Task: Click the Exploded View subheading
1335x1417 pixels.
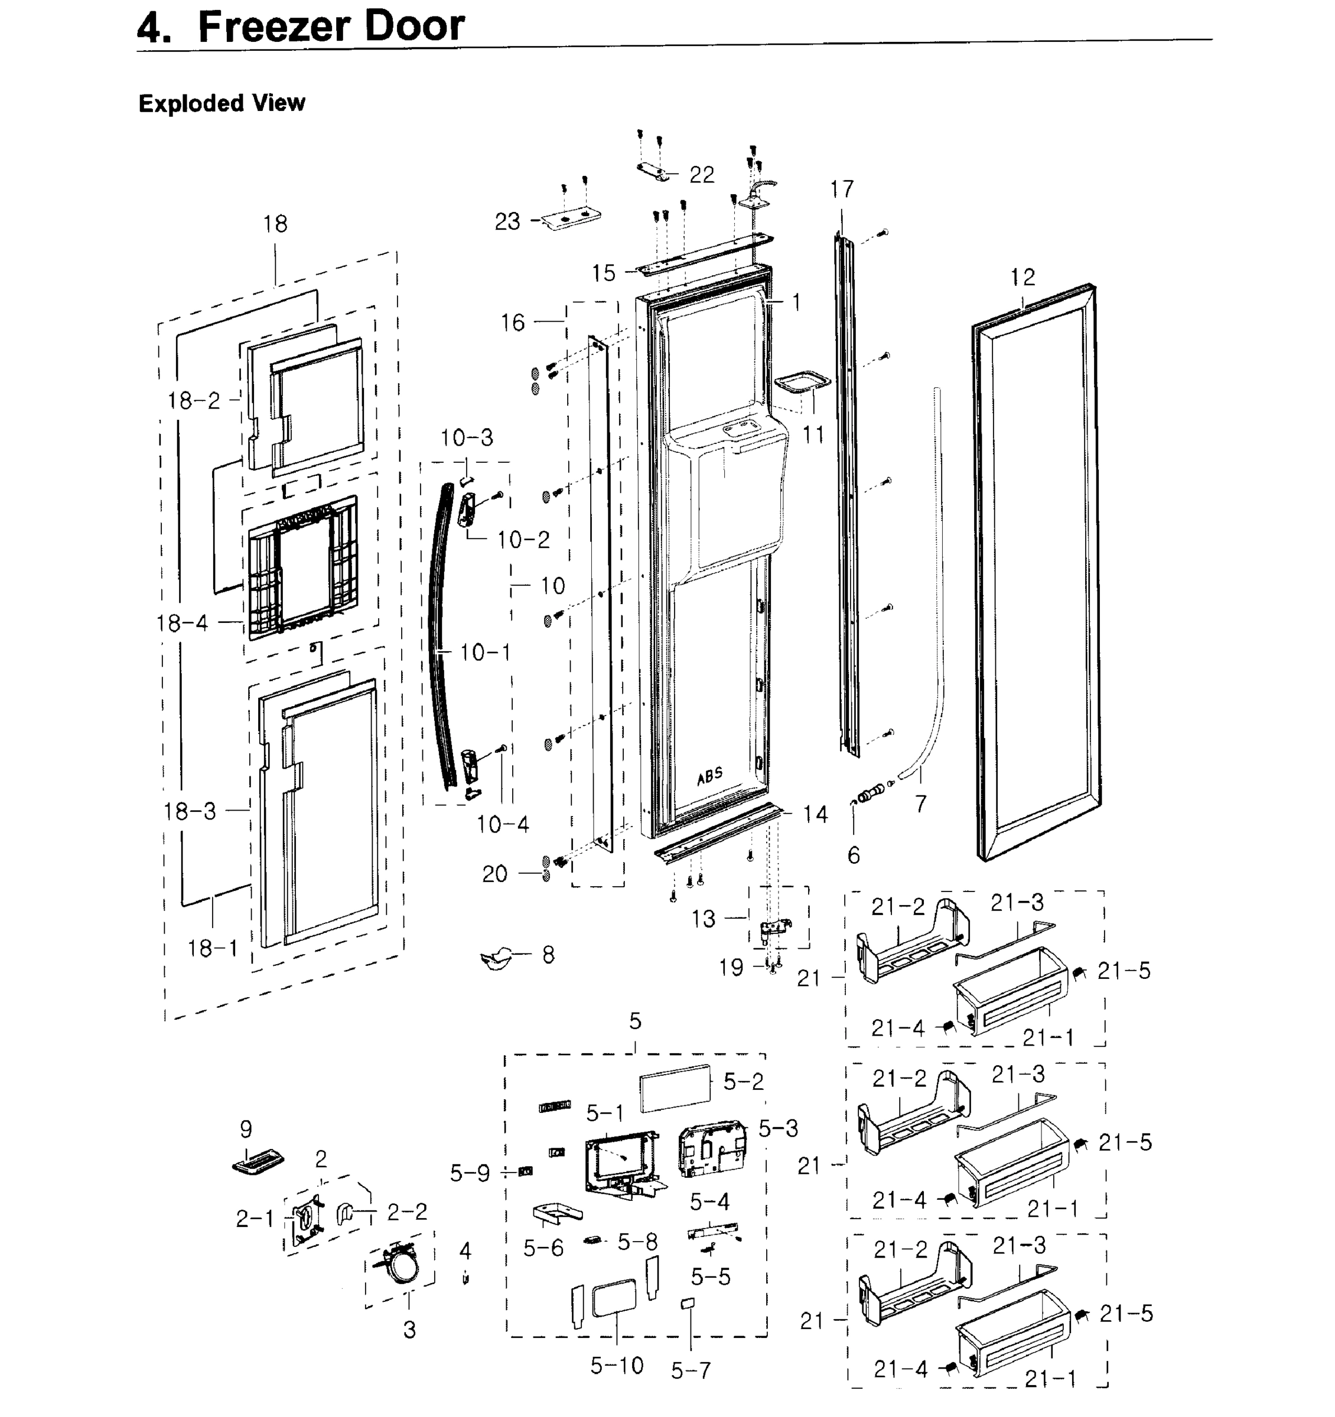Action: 222,103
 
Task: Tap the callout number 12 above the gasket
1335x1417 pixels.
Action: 1022,277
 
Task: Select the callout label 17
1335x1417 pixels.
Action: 842,189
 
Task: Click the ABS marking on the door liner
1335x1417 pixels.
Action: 709,775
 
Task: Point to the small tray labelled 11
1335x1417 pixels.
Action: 802,381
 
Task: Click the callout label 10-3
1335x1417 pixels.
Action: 467,437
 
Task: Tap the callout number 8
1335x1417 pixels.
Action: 548,954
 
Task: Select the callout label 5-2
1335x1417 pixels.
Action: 743,1082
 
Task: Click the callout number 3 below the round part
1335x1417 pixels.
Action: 409,1330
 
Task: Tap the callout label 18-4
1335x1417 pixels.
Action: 183,623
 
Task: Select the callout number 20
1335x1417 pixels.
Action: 494,874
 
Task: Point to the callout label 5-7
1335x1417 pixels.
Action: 691,1370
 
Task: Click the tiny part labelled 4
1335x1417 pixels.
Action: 465,1278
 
